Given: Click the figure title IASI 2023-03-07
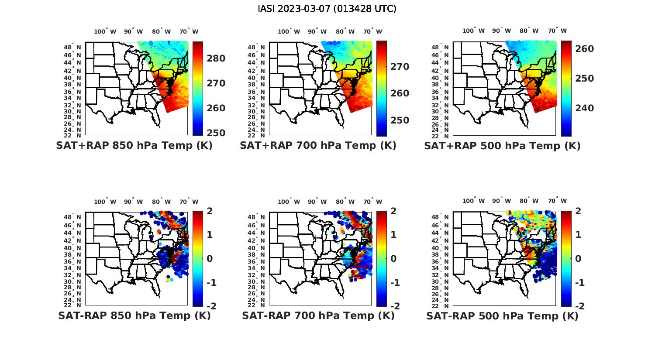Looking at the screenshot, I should coord(327,9).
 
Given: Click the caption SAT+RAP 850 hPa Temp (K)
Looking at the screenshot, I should coord(134,146).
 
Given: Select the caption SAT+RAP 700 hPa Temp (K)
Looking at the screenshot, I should coord(318,146).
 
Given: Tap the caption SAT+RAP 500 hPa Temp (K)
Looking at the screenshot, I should coord(502,146).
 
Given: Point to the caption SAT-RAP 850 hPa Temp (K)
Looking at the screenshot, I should coord(134,316).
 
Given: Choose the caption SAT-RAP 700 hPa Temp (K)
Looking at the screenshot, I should coord(318,316).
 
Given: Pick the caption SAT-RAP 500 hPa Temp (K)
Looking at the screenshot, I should coord(502,316).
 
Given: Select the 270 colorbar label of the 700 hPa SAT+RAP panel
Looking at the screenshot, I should coord(399,67).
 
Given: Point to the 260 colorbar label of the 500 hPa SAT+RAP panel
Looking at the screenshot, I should coord(584,49).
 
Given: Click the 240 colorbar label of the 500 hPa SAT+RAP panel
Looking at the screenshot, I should coord(584,108).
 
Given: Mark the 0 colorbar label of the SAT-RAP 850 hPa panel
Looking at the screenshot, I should coord(209,258).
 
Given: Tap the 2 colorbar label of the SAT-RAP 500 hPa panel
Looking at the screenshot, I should coord(579,211).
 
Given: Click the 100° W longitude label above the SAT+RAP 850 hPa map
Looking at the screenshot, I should coord(105,31).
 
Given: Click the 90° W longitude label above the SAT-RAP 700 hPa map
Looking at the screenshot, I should coord(317,202).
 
